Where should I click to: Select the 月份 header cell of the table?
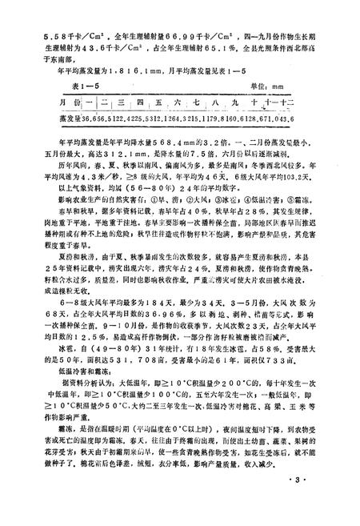point(70,104)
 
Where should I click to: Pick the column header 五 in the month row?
point(160,104)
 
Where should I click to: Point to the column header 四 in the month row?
point(141,104)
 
